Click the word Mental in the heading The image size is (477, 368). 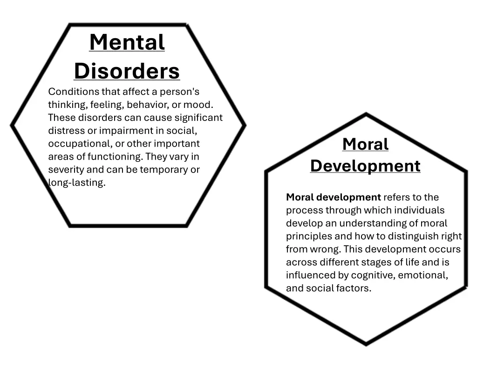127,42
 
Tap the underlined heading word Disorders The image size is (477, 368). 127,71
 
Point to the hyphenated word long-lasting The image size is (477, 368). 77,182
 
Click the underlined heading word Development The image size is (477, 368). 365,166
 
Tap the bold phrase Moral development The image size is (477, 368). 334,197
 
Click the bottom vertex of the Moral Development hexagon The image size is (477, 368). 366,344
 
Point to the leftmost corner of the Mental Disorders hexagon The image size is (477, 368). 12,125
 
